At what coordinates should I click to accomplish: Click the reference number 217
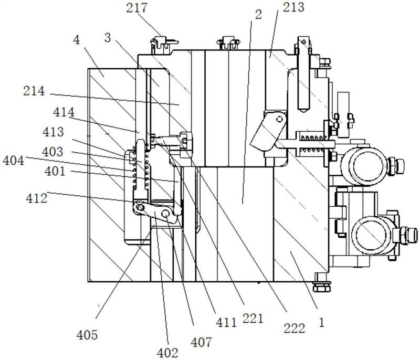click(136, 8)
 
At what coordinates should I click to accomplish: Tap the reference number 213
click(294, 7)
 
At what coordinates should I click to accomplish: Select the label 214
click(34, 91)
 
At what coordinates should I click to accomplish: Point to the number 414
click(64, 112)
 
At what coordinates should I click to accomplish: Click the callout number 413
click(54, 132)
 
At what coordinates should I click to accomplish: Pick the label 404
click(14, 161)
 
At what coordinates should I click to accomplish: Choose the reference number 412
click(36, 198)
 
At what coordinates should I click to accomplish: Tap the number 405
click(87, 335)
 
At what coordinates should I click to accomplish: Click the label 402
click(167, 353)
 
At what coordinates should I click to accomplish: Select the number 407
click(202, 342)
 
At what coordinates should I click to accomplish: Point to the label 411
click(226, 323)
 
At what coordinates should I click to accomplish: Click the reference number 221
click(253, 319)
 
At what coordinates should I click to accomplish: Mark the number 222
click(295, 329)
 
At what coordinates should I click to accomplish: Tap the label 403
click(52, 152)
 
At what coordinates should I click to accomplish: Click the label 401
click(55, 171)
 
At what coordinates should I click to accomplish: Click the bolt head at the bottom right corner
click(322, 288)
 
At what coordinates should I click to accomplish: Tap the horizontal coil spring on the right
click(313, 144)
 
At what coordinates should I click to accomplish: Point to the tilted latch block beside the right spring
click(268, 131)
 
